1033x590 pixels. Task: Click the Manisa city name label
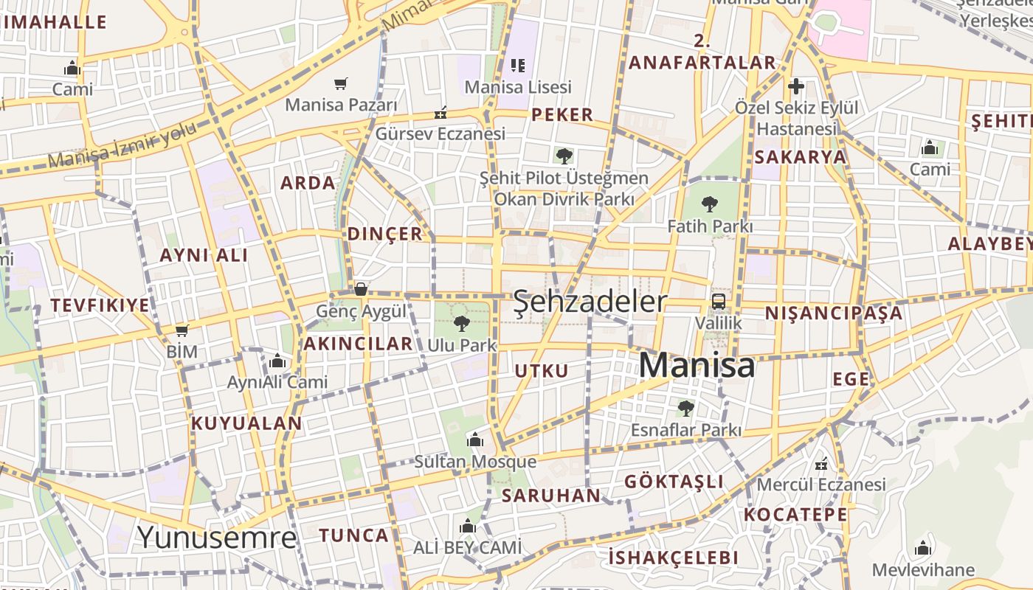click(x=697, y=365)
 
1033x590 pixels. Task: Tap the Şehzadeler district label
click(x=590, y=302)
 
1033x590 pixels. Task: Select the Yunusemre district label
click(x=217, y=537)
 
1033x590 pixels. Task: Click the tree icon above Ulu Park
click(x=462, y=323)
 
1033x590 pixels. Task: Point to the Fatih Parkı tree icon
click(x=710, y=204)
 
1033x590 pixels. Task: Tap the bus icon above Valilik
click(x=718, y=301)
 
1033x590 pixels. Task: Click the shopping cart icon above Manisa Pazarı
click(x=340, y=83)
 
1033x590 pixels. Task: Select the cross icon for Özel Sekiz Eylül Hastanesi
click(x=795, y=86)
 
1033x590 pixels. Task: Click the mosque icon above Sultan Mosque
click(x=475, y=440)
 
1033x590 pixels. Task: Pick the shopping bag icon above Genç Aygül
click(x=361, y=289)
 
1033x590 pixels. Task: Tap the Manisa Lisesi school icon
click(x=518, y=66)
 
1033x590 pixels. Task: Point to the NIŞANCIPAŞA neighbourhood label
click(x=833, y=313)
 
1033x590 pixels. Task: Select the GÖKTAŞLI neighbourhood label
click(x=674, y=482)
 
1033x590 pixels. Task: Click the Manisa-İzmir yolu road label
click(x=122, y=145)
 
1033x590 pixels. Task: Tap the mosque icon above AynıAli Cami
click(x=277, y=361)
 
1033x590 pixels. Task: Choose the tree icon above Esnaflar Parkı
click(x=685, y=408)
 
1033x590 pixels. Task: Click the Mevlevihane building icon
click(x=922, y=549)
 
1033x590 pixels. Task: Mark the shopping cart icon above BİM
click(x=182, y=330)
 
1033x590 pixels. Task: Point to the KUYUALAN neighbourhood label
click(x=246, y=423)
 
